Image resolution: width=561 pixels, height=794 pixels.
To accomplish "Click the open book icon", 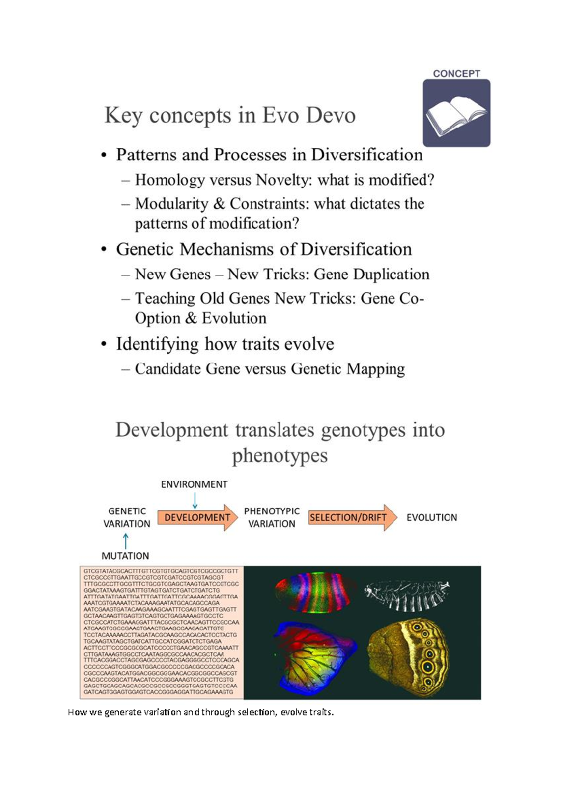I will pyautogui.click(x=456, y=114).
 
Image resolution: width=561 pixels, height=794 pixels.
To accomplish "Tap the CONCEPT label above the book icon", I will pyautogui.click(x=456, y=73).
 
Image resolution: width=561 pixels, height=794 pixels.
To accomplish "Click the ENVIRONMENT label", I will pyautogui.click(x=194, y=484).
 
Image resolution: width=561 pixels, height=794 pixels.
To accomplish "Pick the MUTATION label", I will pyautogui.click(x=125, y=556).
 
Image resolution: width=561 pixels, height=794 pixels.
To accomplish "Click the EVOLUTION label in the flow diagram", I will pyautogui.click(x=432, y=518).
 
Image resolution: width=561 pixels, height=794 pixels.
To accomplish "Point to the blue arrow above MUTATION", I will pyautogui.click(x=125, y=541).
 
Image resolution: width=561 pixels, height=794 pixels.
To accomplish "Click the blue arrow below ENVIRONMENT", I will pyautogui.click(x=195, y=501).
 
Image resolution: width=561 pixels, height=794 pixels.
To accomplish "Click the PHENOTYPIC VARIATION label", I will pyautogui.click(x=272, y=518).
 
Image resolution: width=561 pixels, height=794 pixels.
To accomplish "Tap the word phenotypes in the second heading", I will pyautogui.click(x=280, y=455).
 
